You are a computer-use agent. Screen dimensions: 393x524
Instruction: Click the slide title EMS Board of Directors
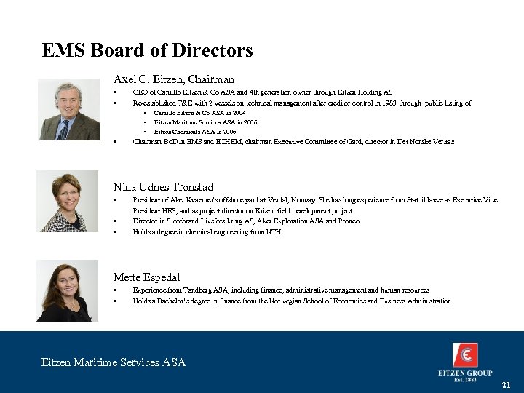coord(148,51)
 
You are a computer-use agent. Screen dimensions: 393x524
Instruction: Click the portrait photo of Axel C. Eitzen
coord(77,110)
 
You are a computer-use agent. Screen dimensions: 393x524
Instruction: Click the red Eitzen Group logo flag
coord(465,356)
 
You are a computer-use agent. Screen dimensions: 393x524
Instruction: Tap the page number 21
coord(507,384)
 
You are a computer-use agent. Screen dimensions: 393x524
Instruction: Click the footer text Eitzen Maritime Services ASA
coord(114,362)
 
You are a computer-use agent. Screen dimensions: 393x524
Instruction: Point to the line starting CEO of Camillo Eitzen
coord(262,92)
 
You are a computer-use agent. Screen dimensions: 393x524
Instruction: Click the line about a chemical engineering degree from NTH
coord(206,232)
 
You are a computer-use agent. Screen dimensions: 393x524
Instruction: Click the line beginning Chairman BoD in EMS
coord(293,142)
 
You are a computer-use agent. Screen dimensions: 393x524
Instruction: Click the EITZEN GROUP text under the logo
coord(465,373)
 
